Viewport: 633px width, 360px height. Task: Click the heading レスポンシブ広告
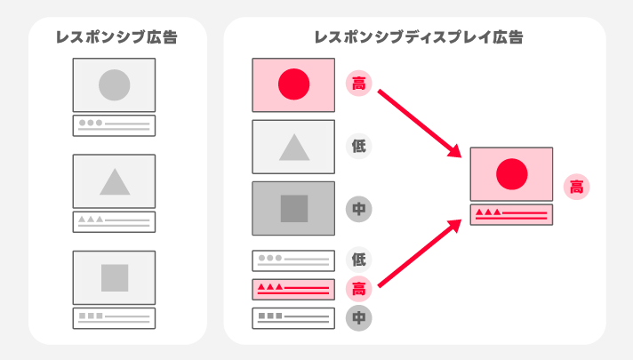coord(116,37)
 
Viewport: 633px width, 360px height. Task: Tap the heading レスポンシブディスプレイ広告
coord(419,37)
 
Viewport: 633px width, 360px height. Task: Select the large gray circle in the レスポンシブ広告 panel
coord(115,84)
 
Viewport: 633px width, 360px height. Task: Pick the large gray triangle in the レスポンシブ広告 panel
coord(115,181)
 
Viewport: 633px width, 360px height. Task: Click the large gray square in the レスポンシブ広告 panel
coord(115,277)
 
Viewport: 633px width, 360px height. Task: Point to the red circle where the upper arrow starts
coord(294,84)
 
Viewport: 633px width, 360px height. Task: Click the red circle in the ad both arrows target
coord(511,174)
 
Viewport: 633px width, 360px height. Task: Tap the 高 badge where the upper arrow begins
coord(358,84)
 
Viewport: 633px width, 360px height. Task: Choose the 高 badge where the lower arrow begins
coord(358,289)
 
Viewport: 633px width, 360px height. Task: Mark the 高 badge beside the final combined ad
coord(576,187)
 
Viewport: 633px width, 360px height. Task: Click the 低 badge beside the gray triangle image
coord(358,146)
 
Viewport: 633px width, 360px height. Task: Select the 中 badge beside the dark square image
coord(358,209)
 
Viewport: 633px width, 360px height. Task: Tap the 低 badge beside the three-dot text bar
coord(358,259)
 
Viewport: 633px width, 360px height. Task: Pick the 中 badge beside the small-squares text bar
coord(358,318)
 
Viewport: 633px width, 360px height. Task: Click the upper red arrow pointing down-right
coord(420,124)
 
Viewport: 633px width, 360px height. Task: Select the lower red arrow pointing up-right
coord(420,253)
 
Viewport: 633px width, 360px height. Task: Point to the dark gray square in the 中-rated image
coord(294,209)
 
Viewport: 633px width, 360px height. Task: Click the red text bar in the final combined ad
coord(511,215)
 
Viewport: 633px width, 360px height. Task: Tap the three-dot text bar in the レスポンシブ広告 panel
coord(115,125)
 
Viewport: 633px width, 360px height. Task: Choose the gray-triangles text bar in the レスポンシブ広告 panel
coord(115,222)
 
